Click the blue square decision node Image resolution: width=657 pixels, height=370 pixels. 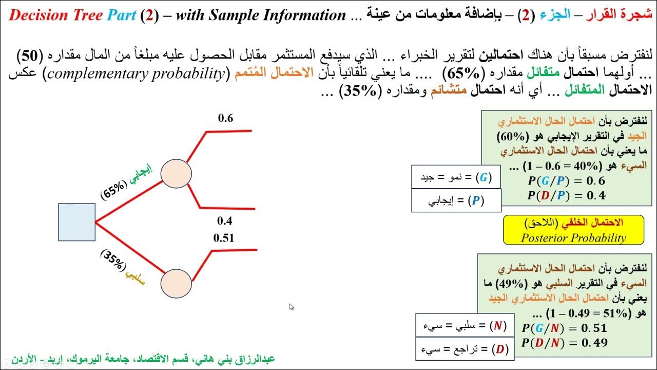(76, 222)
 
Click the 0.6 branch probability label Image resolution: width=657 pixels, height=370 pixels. (225, 118)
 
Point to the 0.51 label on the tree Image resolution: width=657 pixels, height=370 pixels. (224, 238)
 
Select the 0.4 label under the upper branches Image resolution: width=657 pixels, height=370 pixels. (225, 221)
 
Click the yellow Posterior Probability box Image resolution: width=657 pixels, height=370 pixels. (573, 230)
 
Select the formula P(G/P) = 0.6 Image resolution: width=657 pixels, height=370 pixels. (566, 181)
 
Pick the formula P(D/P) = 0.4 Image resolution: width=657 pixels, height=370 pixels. (566, 195)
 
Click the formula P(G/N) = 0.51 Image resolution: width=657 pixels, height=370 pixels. (564, 328)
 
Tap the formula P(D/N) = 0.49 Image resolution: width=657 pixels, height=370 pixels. (564, 343)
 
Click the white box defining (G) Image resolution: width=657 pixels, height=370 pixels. (456, 178)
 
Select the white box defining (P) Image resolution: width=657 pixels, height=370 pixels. (456, 201)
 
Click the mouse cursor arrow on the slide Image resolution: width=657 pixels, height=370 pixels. (292, 307)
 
